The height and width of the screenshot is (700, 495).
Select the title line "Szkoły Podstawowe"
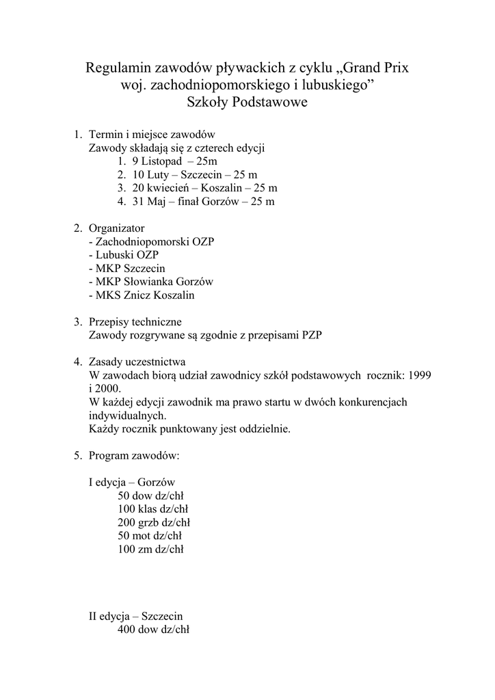[247, 103]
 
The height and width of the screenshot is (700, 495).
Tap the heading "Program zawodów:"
[134, 455]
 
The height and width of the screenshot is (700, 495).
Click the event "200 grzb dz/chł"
[153, 522]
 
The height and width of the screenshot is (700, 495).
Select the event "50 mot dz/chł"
[150, 535]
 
